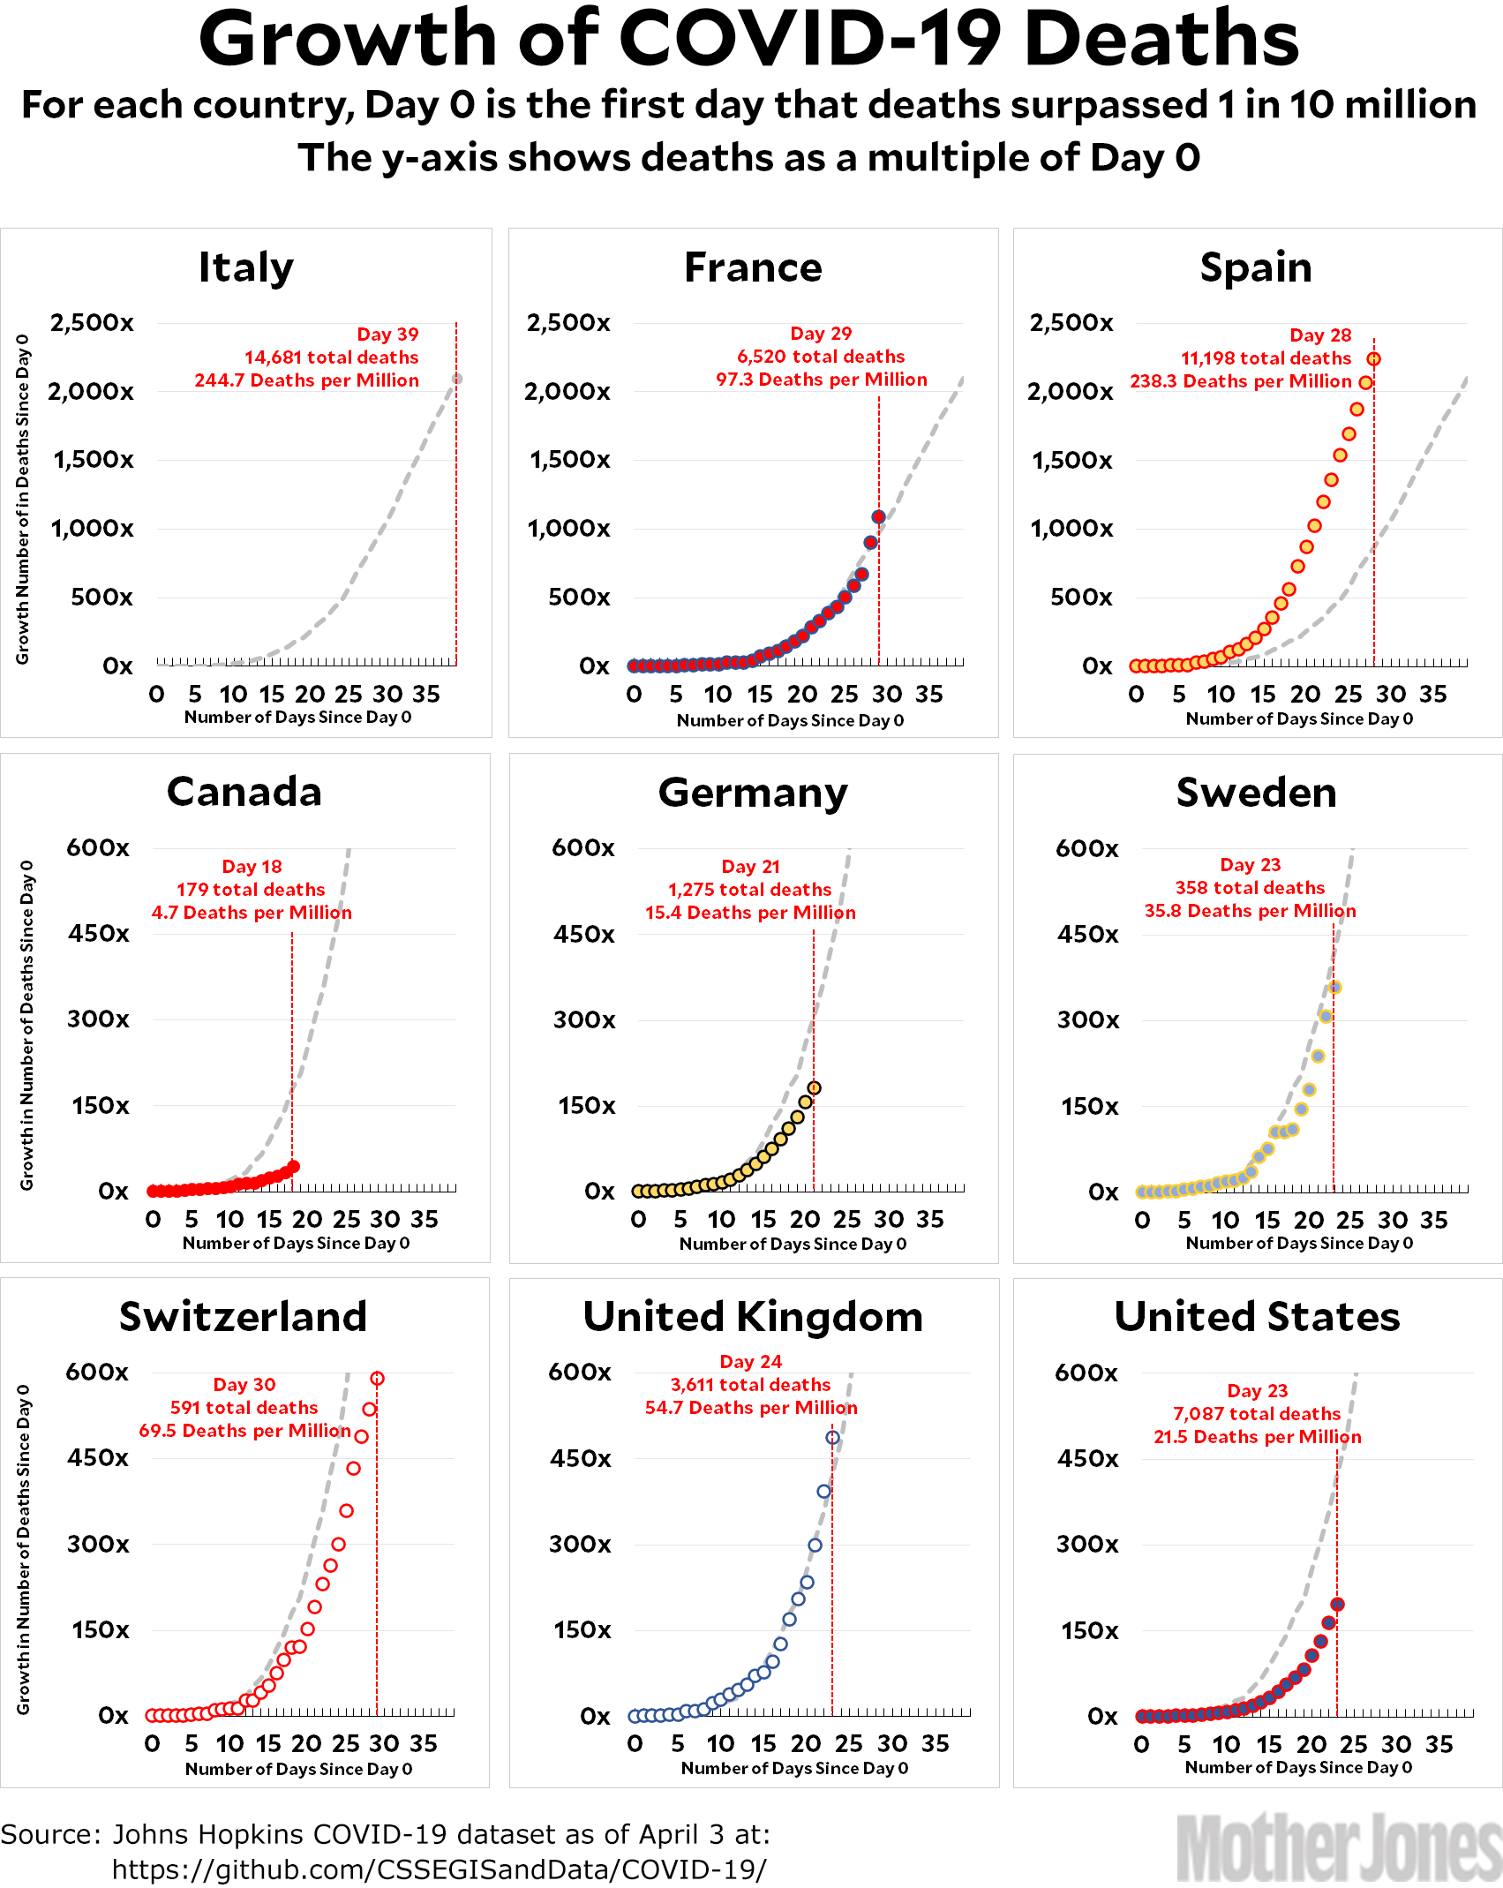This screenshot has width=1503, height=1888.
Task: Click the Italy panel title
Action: [x=245, y=267]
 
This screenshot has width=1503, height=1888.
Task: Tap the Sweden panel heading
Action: [x=1256, y=793]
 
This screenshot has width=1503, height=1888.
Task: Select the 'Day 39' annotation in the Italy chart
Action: [x=387, y=335]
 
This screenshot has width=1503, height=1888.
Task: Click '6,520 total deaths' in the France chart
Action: [x=821, y=357]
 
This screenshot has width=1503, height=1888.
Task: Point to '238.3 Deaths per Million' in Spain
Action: [x=1240, y=381]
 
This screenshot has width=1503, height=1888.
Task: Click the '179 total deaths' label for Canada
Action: [x=251, y=890]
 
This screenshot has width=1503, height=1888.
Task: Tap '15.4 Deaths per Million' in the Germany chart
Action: [x=750, y=913]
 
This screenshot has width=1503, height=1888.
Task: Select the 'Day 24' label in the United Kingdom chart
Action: [x=751, y=1362]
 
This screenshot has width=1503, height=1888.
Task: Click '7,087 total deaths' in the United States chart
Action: [x=1257, y=1414]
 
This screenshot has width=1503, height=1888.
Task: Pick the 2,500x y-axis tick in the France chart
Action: [x=568, y=323]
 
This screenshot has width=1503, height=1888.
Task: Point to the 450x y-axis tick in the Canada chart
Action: [x=99, y=934]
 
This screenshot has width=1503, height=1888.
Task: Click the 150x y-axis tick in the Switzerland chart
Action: [x=100, y=1629]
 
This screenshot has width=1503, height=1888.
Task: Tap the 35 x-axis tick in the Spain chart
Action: [x=1433, y=695]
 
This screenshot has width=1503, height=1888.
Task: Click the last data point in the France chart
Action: [x=878, y=517]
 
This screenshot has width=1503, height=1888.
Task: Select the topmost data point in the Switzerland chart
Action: [x=377, y=1379]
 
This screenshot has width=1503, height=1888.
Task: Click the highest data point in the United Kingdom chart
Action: [x=832, y=1438]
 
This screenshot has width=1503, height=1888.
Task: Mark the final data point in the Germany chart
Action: [x=814, y=1088]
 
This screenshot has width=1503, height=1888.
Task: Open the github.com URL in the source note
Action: [x=439, y=1869]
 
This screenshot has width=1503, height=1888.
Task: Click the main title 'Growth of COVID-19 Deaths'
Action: [x=748, y=40]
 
